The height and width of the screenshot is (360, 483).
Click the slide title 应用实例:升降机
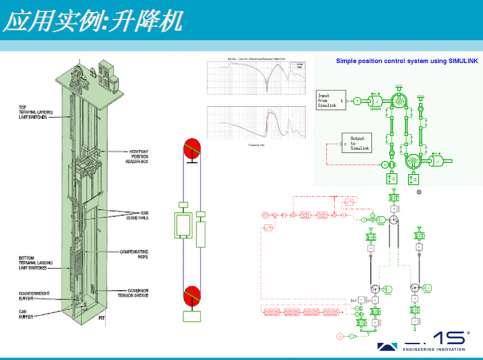click(95, 22)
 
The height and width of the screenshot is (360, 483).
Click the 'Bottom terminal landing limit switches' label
click(30, 264)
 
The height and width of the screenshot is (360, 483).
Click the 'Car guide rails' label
click(148, 214)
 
